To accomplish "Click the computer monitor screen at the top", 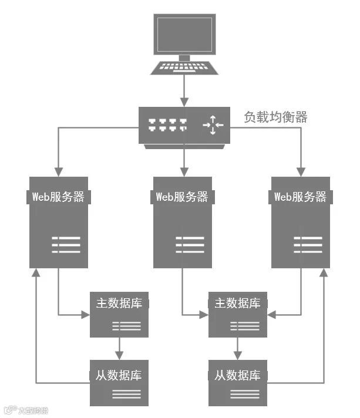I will tap(184, 33).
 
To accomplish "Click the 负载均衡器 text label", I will tap(275, 117).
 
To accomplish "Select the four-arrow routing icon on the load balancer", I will tap(213, 124).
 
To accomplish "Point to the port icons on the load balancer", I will tap(167, 124).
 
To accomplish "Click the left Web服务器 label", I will tap(58, 197).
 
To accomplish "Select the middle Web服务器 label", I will tap(182, 197).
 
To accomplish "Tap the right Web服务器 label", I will tap(300, 197).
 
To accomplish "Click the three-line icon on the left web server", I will tap(66, 244).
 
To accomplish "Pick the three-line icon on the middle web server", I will tap(190, 244).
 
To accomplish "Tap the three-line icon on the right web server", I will tap(308, 244).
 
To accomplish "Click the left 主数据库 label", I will tap(119, 304).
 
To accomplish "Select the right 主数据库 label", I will tap(237, 304).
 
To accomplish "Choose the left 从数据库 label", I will tap(119, 375).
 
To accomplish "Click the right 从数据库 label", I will tap(237, 375).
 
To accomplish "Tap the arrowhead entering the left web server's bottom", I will tap(36, 274).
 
